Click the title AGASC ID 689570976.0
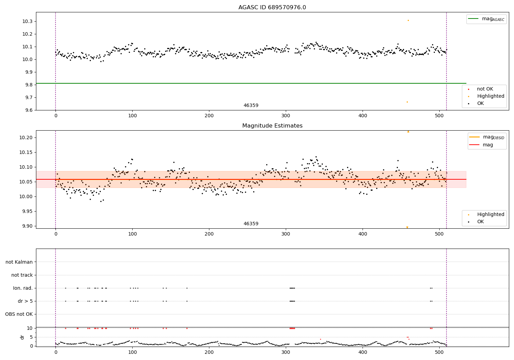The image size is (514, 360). click(272, 8)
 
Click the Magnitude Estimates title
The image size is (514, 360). click(272, 126)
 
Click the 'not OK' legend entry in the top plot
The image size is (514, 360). click(485, 89)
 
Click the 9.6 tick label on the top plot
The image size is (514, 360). click(28, 110)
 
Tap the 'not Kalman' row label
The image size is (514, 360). click(19, 262)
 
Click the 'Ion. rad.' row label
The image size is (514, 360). click(23, 288)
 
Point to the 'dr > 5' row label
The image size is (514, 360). click(25, 301)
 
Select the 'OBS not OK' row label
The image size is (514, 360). click(19, 314)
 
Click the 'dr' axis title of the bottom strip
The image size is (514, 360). click(22, 337)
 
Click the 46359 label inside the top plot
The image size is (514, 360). click(251, 106)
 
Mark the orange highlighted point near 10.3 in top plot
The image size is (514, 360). click(408, 20)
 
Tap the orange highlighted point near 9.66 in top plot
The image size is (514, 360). click(407, 102)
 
